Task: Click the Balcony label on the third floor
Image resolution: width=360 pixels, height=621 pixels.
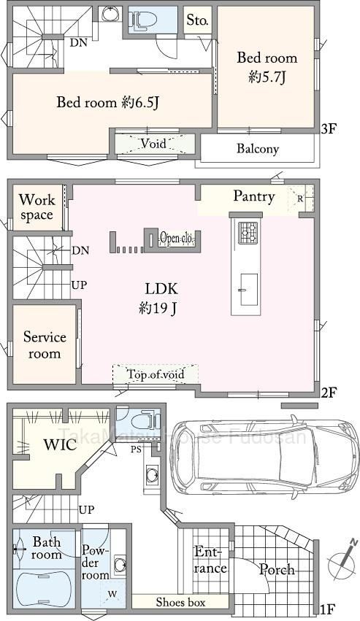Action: click(258, 149)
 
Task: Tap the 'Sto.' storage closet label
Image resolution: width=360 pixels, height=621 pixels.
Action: click(197, 20)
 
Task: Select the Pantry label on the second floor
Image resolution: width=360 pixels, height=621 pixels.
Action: click(253, 196)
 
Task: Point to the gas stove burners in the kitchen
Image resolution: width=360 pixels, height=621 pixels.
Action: click(248, 233)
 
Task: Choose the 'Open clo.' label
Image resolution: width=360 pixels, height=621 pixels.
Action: click(177, 239)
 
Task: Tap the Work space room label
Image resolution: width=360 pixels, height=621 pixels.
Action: click(37, 207)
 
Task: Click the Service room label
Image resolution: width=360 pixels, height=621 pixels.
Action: click(45, 344)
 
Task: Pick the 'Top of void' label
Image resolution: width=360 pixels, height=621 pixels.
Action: click(156, 374)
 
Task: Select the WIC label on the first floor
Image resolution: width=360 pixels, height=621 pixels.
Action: click(61, 444)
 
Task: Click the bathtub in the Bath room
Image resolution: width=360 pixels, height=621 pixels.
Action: click(44, 589)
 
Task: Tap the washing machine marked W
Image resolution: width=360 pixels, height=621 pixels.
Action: click(112, 594)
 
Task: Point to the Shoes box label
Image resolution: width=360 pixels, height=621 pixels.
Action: click(180, 602)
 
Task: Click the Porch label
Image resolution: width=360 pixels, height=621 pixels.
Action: click(277, 569)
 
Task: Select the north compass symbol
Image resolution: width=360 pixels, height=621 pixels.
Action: click(342, 559)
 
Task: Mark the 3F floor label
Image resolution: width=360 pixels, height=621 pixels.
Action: click(329, 128)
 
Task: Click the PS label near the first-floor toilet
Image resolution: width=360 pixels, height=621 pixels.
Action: click(136, 450)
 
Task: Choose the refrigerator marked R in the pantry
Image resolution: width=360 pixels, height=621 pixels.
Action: click(301, 198)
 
